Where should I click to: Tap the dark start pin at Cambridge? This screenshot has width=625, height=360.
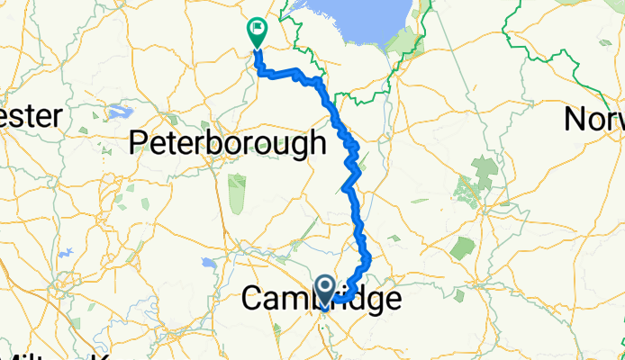[x=326, y=289]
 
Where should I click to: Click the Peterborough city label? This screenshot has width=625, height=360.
[x=228, y=142]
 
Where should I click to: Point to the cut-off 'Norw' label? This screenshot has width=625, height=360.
[x=594, y=119]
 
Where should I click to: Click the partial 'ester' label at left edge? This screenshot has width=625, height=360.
[x=31, y=116]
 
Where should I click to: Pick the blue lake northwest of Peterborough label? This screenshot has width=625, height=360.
[x=117, y=112]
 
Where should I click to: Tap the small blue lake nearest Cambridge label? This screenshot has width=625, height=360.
[x=209, y=264]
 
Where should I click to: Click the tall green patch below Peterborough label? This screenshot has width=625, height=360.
[x=237, y=193]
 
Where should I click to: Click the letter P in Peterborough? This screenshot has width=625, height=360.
[x=140, y=143]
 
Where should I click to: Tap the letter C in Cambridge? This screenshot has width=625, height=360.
[x=255, y=300]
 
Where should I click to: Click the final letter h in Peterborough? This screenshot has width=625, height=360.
[x=315, y=142]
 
